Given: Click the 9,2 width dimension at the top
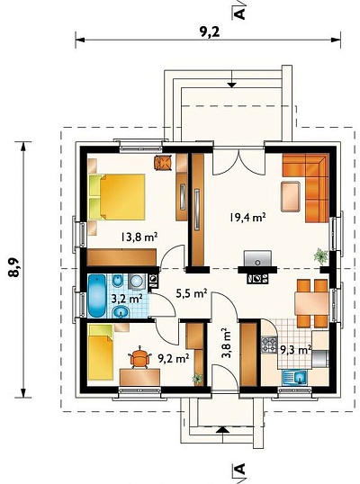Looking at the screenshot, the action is click(x=210, y=31).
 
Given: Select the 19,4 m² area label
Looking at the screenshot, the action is click(x=247, y=217).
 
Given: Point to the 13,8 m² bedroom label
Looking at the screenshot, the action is click(x=139, y=238).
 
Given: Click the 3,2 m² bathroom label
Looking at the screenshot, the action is click(x=127, y=299).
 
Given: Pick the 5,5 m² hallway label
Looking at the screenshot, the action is click(x=192, y=293).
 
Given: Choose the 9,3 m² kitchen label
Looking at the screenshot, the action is click(x=295, y=350).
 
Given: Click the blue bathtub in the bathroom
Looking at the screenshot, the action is click(x=97, y=296).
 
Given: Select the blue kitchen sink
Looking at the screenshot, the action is click(x=294, y=377).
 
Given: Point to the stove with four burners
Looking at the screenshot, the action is click(x=269, y=345).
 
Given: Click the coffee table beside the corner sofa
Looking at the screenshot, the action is click(x=291, y=196).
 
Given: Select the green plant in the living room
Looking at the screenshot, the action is click(x=321, y=255).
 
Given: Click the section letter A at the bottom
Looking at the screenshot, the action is click(x=239, y=469).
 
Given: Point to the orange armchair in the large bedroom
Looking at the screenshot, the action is click(x=163, y=162).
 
